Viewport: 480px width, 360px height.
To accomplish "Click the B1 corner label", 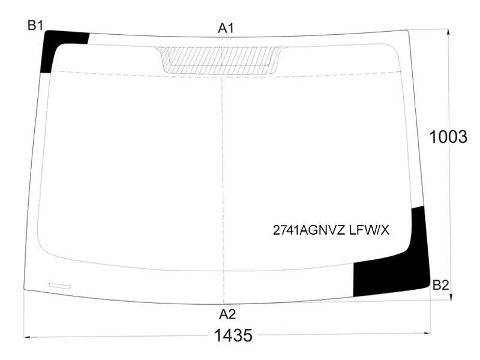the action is (35, 25).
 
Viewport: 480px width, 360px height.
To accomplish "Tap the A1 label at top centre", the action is (226, 28).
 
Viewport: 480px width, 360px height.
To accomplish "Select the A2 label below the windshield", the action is (227, 314).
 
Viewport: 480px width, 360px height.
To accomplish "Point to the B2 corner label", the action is (441, 286).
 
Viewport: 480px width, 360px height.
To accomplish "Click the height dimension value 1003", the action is (448, 137).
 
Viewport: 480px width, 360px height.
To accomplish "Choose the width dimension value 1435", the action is (233, 335).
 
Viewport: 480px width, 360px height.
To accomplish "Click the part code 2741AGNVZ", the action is (309, 230).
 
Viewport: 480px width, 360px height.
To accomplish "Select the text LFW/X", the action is (369, 230).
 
